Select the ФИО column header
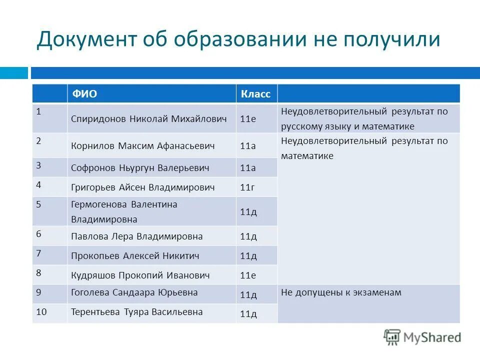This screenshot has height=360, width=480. coord(85,94)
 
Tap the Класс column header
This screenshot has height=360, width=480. coord(255,94)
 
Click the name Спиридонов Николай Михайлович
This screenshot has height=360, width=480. coord(149,119)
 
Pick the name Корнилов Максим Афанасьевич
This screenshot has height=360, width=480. coord(143,146)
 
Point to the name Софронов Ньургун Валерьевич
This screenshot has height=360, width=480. coord(140,168)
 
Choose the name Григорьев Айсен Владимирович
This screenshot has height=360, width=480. coord(143,187)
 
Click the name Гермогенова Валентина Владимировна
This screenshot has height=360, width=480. coord(124,211)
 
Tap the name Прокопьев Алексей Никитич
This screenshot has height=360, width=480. coord(135,256)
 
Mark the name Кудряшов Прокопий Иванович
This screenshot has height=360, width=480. coord(140,275)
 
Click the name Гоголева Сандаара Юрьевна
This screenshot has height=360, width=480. coord(134,292)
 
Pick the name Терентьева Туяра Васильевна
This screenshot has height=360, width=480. coord(137,312)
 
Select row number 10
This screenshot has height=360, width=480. coord(41,311)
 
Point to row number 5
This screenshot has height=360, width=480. coord(38,204)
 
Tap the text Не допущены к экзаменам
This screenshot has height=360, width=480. coord(341,292)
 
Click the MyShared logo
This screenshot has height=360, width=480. coord(422,337)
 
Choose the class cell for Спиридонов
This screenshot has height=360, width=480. coord(248,119)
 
